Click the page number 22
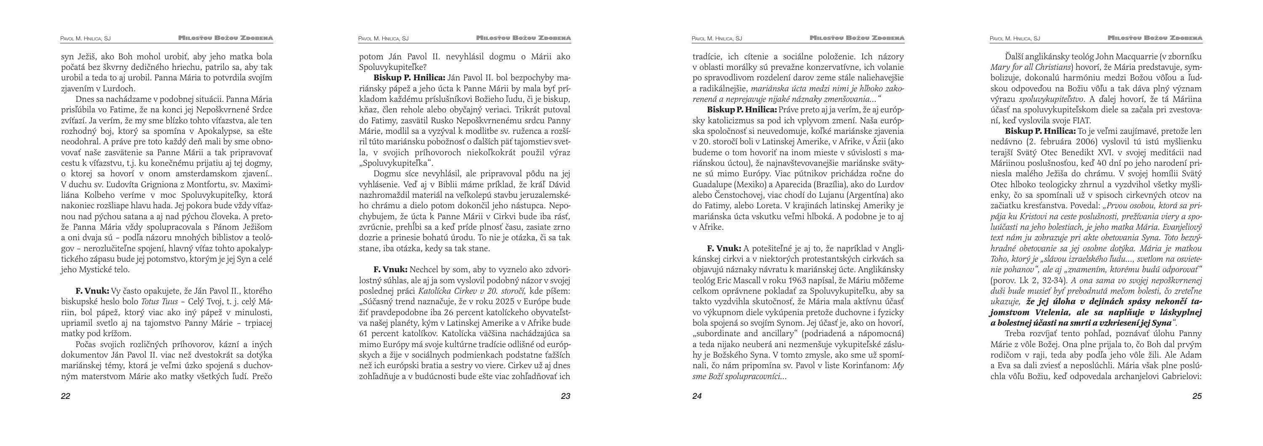[66, 396]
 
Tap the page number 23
[565, 396]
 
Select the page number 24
[697, 396]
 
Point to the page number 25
[1197, 396]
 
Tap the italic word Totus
[150, 301]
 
